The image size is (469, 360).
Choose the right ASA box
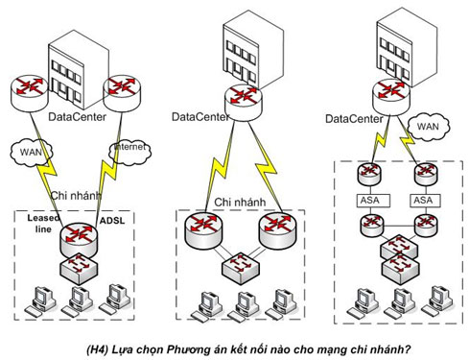tap(423, 202)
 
